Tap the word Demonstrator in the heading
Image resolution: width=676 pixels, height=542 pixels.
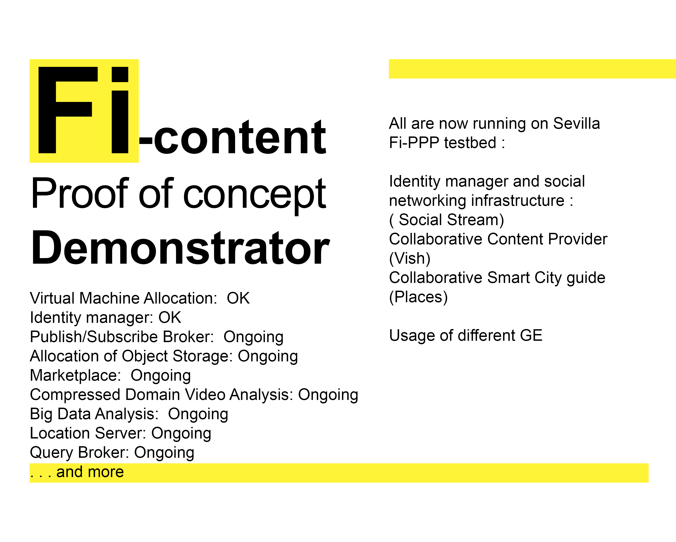click(180, 248)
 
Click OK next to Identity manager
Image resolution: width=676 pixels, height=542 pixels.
click(170, 317)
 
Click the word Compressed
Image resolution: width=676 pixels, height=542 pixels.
click(75, 395)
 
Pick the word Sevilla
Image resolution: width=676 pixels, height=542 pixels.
click(576, 123)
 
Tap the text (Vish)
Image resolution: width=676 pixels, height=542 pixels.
click(409, 258)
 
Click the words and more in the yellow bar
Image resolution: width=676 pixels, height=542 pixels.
click(90, 472)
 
